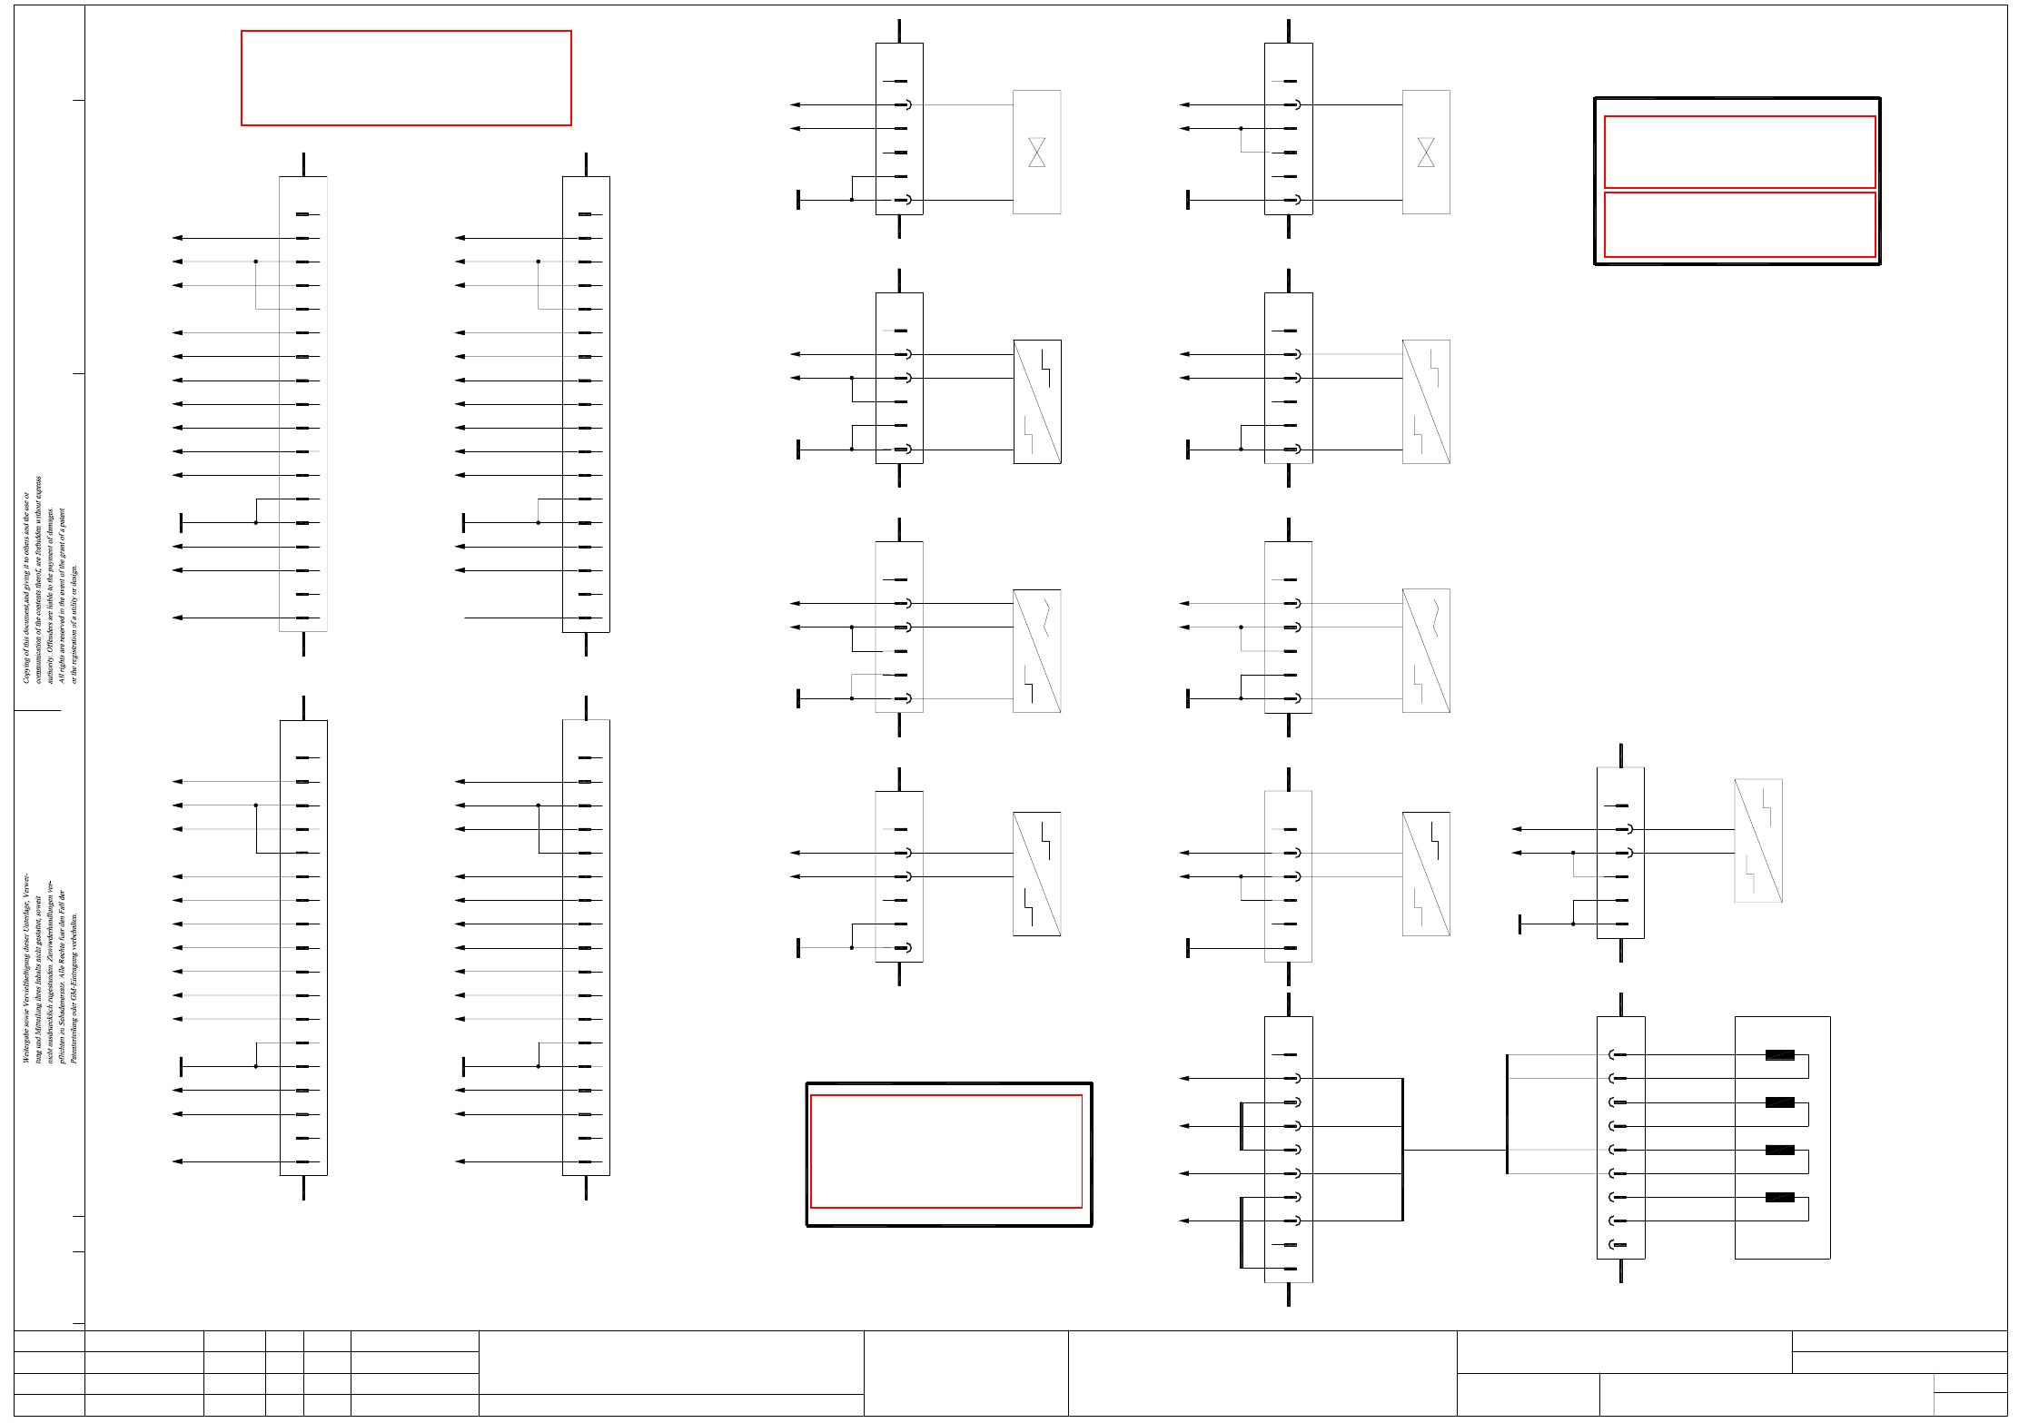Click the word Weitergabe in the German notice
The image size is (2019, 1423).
(x=26, y=1043)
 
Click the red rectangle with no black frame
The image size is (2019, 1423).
(x=406, y=78)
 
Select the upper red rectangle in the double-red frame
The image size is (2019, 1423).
(x=1739, y=152)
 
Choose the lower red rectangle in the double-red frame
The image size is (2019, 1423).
(x=1739, y=224)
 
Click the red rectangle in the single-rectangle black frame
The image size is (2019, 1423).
(x=946, y=1151)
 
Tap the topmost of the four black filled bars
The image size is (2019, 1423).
(x=1779, y=1055)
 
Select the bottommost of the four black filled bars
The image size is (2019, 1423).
(x=1779, y=1197)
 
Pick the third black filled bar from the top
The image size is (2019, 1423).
(x=1779, y=1150)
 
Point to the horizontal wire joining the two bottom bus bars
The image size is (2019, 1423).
(x=1455, y=1150)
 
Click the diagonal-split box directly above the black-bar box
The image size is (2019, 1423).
(x=1758, y=841)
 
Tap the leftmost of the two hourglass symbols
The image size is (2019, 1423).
(x=1036, y=152)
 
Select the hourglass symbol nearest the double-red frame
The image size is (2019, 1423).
(x=1426, y=152)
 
